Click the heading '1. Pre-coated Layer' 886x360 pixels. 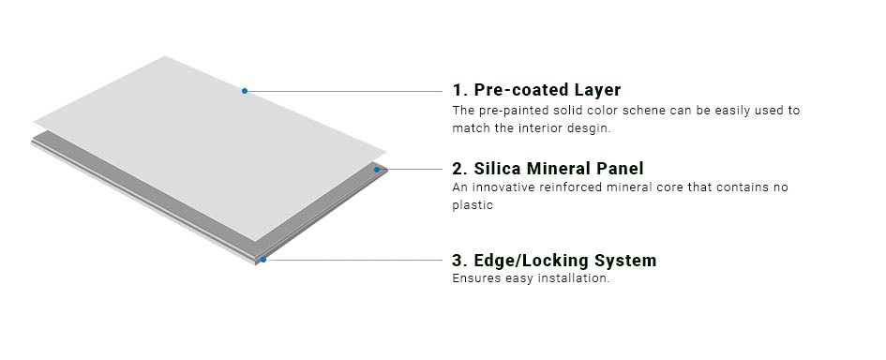click(x=536, y=90)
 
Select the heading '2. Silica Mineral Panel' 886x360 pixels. click(x=548, y=169)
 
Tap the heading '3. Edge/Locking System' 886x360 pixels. click(x=554, y=260)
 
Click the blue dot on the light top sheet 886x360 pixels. click(x=245, y=91)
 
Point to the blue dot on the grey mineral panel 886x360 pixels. click(x=377, y=170)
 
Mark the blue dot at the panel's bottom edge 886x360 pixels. click(x=264, y=260)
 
